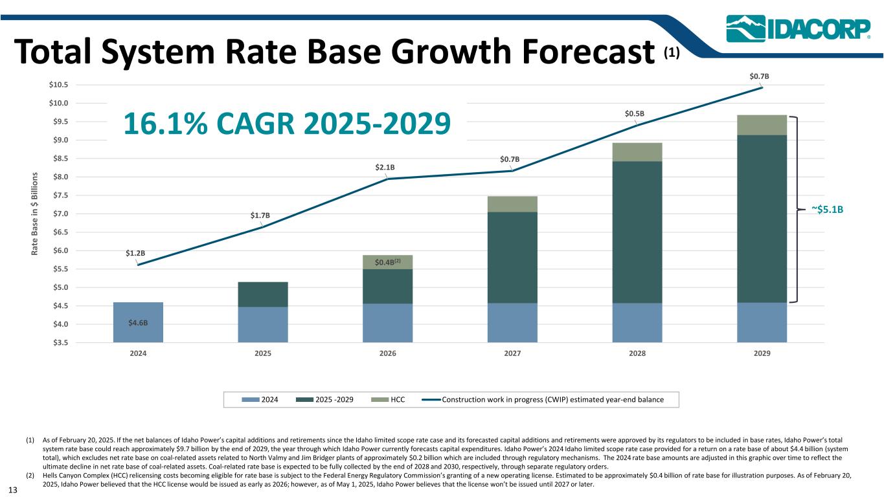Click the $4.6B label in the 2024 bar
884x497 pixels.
pos(138,321)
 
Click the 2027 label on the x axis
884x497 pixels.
pos(512,355)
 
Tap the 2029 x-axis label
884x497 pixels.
pos(762,355)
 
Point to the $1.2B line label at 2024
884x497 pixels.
pos(135,253)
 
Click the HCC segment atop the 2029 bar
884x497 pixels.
pos(762,125)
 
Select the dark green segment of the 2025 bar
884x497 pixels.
pos(263,294)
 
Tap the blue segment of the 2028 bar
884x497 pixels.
pos(637,322)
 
